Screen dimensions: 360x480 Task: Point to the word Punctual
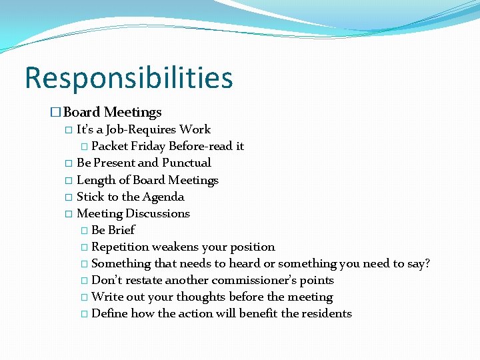[187, 163]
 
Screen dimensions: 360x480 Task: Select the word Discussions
[157, 213]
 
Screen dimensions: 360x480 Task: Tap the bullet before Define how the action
[83, 314]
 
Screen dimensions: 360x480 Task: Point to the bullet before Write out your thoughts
[83, 297]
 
